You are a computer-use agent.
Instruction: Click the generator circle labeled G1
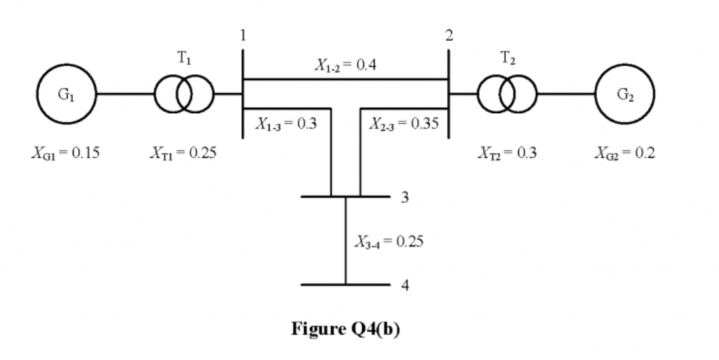[67, 94]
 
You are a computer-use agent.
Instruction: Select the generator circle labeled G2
[625, 94]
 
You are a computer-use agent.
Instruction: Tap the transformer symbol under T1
[185, 94]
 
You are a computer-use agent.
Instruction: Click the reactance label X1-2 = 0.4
[345, 66]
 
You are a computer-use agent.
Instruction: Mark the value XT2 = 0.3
[507, 153]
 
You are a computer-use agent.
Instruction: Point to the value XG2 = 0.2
[625, 153]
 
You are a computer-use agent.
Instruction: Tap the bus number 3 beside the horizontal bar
[405, 197]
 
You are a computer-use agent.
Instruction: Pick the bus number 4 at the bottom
[405, 285]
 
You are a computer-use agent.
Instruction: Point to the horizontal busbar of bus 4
[321, 284]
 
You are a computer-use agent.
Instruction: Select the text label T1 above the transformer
[184, 59]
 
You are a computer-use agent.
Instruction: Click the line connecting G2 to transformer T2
[565, 94]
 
